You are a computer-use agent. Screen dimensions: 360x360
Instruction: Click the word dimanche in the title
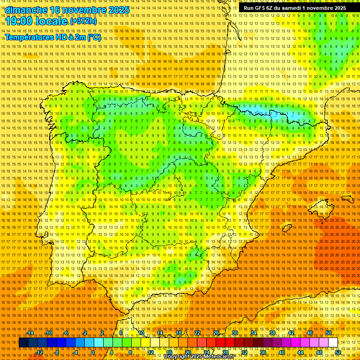coord(26,10)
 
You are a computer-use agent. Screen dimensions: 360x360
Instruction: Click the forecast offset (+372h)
coord(83,21)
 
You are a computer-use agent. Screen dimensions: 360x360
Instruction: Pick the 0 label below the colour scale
coord(93,352)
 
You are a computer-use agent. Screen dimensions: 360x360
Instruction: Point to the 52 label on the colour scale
coord(338,352)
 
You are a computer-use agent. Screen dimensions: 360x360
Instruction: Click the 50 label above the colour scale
coord(329,333)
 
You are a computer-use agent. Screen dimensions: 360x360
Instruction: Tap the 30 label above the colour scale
coord(234,333)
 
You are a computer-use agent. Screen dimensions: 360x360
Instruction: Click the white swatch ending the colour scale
coord(333,343)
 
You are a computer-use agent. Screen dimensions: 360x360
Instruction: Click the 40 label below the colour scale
coord(281,352)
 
